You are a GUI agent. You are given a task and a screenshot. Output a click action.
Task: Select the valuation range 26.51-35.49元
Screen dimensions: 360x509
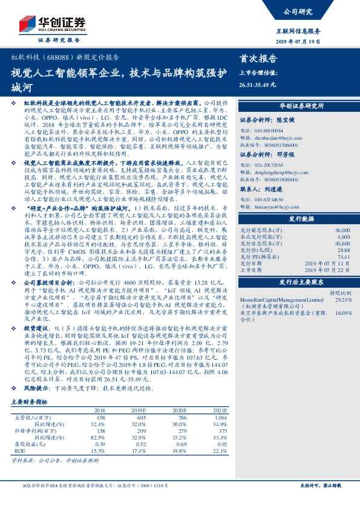[x=257, y=85]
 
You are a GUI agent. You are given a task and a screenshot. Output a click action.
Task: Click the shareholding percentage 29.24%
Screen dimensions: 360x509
[x=343, y=299]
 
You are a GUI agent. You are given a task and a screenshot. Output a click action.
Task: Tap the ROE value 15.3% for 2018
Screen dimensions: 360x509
[x=97, y=468]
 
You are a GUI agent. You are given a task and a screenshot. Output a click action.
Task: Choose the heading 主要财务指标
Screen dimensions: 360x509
[x=30, y=418]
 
